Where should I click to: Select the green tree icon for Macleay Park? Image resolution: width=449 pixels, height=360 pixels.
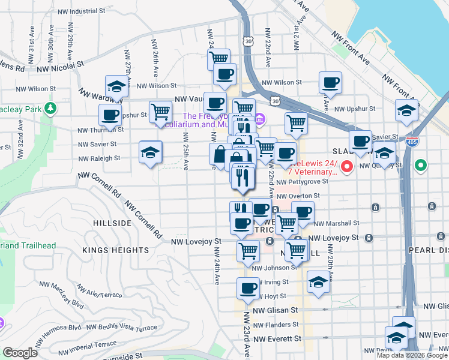tap(52, 108)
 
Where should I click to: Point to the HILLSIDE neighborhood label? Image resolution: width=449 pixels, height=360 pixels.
tap(112, 223)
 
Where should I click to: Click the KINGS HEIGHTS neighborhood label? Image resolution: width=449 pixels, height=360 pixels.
tap(116, 250)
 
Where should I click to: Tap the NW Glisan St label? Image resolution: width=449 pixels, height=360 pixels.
tap(275, 310)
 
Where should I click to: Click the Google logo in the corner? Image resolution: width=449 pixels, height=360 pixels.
tap(20, 352)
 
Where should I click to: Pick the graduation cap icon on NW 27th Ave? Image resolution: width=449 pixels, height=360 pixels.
tap(117, 86)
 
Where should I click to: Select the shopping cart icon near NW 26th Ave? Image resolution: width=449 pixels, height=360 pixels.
tap(160, 111)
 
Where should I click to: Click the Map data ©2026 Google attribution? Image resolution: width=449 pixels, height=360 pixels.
tap(411, 355)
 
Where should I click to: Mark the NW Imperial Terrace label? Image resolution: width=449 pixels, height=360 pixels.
tap(91, 344)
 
